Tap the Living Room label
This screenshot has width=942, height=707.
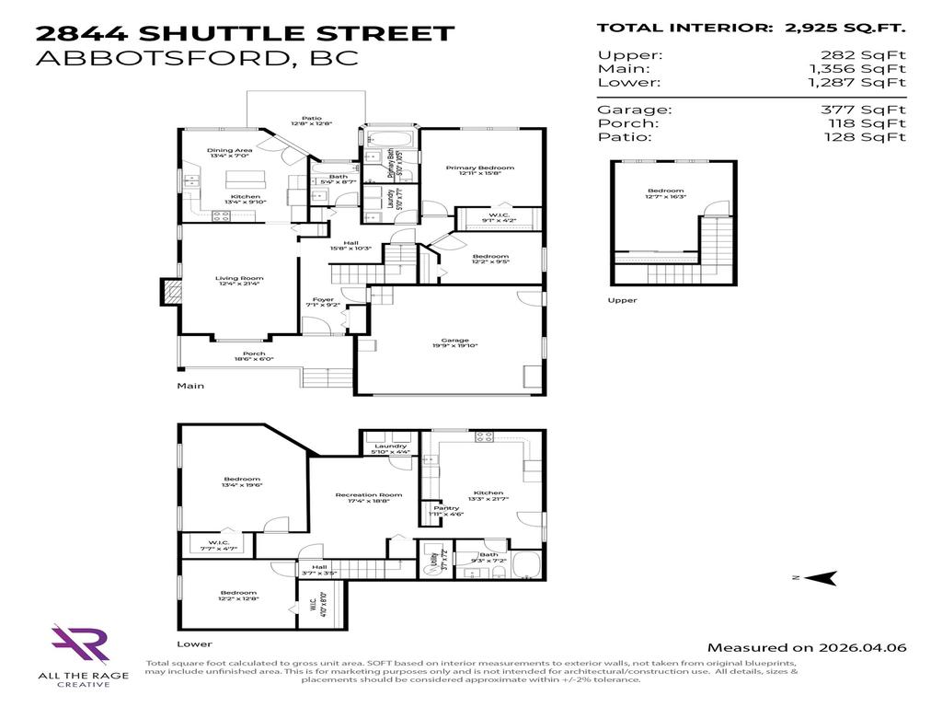240,279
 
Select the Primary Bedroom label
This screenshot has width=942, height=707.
479,168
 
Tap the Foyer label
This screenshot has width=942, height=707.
323,299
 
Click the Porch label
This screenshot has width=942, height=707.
253,353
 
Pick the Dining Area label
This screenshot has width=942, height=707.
229,150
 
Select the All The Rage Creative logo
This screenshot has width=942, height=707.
80,644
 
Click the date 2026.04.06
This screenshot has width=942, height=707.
867,647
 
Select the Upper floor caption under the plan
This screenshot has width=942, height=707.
622,300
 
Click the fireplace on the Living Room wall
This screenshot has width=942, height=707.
169,292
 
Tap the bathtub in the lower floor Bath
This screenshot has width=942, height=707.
527,563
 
